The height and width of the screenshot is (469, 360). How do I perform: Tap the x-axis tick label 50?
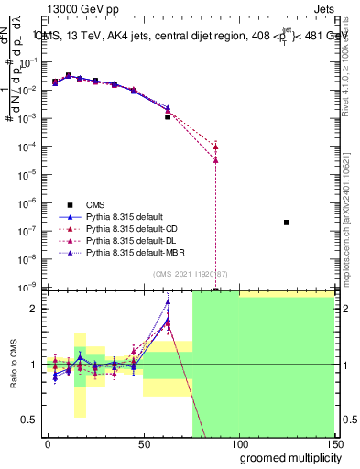pos(144,443)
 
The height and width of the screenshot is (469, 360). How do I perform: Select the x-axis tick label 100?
pos(239,443)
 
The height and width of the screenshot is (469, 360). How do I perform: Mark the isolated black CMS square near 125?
pos(287,223)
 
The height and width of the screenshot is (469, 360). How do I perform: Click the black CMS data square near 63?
pos(168,116)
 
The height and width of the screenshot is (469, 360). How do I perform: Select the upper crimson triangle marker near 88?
pos(215,146)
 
